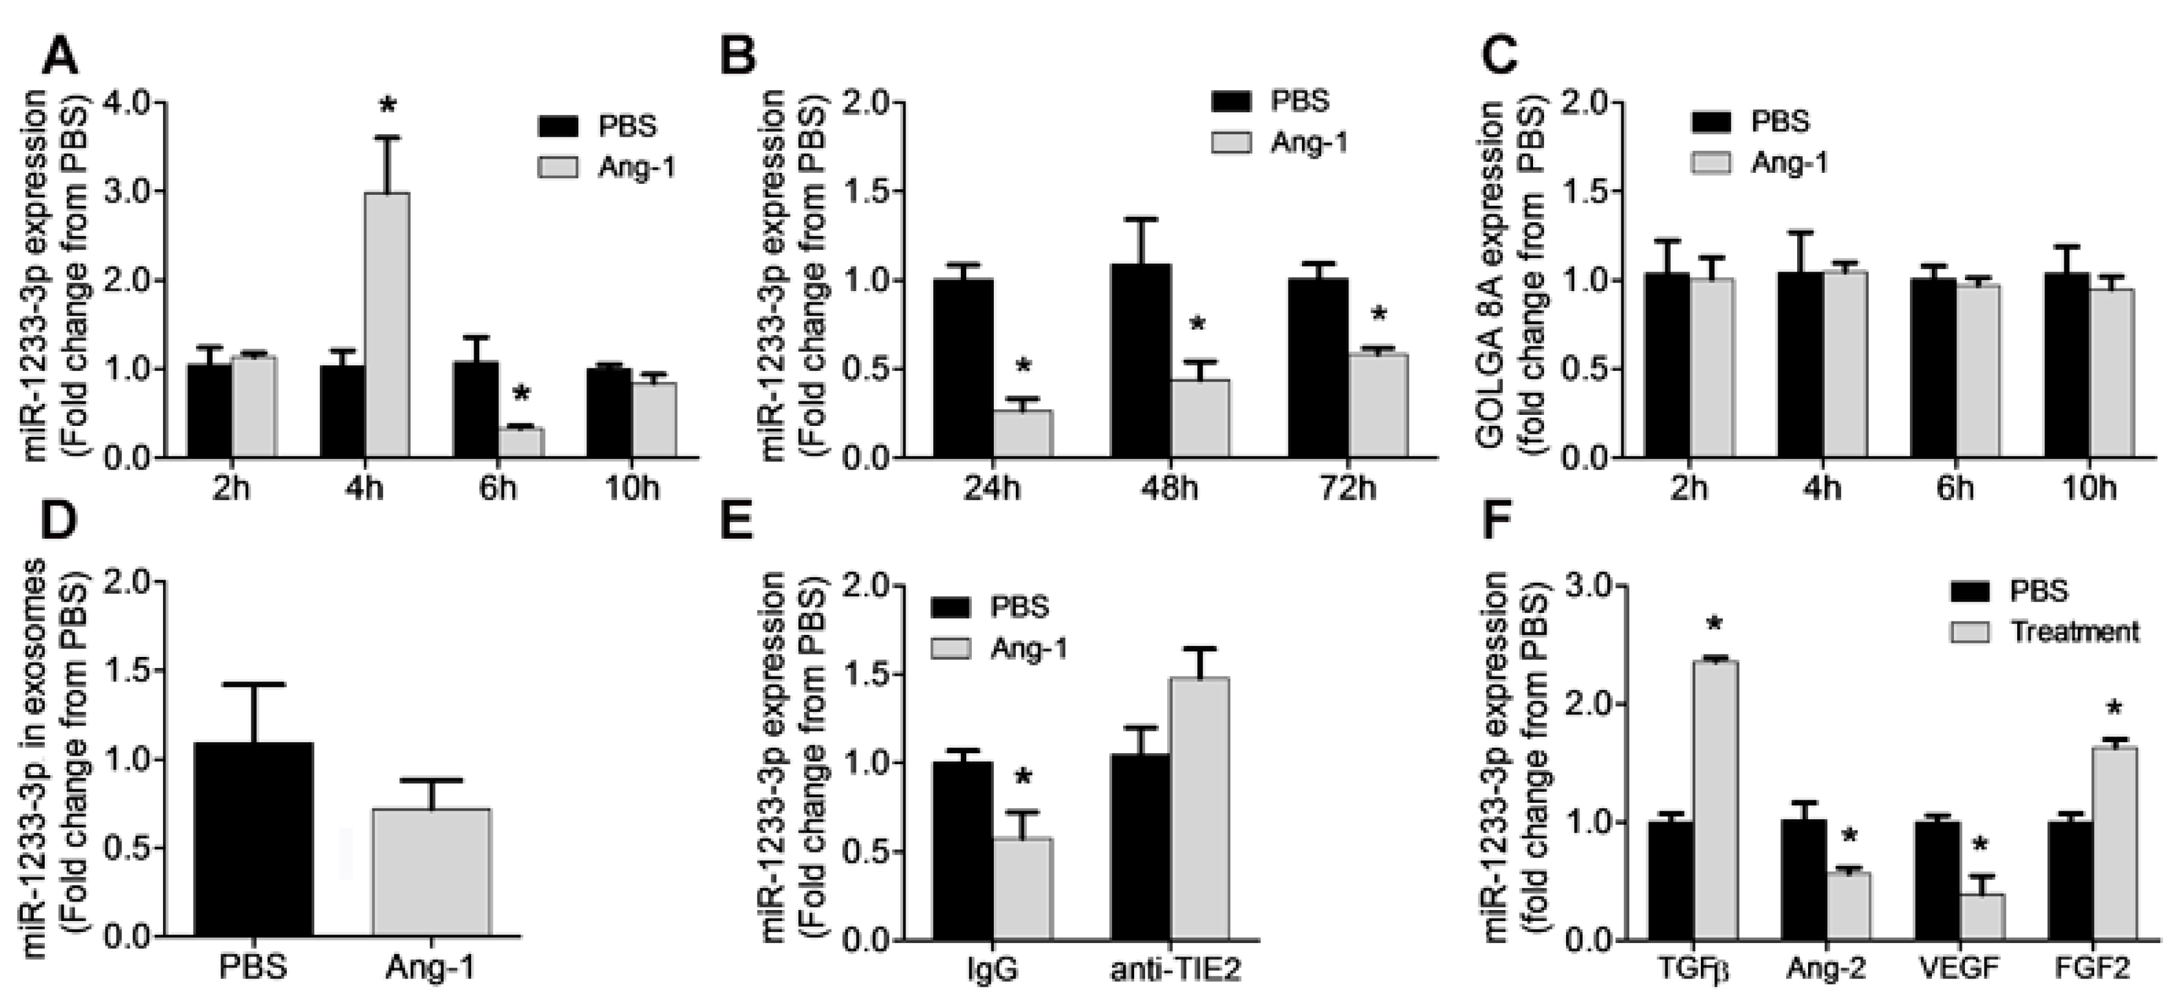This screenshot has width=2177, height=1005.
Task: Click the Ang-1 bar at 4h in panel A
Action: tap(387, 325)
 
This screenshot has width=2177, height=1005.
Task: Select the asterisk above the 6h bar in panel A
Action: tap(521, 395)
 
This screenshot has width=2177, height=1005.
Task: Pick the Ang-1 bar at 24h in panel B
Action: tap(1023, 434)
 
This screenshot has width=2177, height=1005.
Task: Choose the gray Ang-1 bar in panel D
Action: tap(431, 871)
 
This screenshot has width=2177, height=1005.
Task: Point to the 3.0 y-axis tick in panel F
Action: tap(1589, 586)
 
